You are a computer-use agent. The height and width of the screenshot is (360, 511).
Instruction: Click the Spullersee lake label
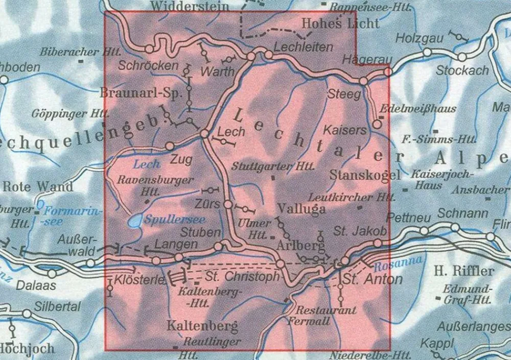point(175,220)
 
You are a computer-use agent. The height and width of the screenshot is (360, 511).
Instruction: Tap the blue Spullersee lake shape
point(134,222)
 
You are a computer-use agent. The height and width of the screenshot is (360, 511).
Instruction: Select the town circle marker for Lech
point(204,134)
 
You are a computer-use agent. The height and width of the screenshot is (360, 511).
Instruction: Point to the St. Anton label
point(372,279)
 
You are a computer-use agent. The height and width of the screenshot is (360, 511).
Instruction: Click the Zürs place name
point(208,204)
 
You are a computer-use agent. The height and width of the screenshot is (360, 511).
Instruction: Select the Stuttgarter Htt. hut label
point(266,166)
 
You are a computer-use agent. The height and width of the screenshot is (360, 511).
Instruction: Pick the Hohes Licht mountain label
point(340,23)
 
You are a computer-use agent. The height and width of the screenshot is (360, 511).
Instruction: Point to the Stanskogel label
point(365,176)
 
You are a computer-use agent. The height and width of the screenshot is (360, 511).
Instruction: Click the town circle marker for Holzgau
point(427,52)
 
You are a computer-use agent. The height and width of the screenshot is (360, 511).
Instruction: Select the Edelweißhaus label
point(419,109)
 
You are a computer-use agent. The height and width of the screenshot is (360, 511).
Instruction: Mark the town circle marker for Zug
point(170,146)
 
